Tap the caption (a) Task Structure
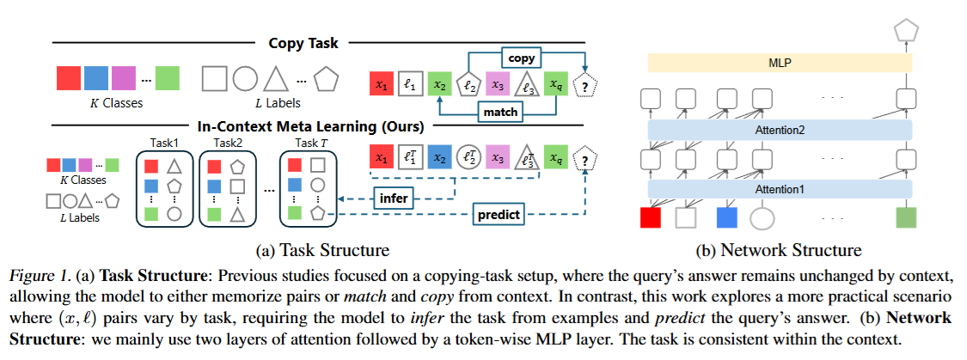[x=323, y=250]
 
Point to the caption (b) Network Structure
[x=779, y=250]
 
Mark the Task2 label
[x=228, y=143]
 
